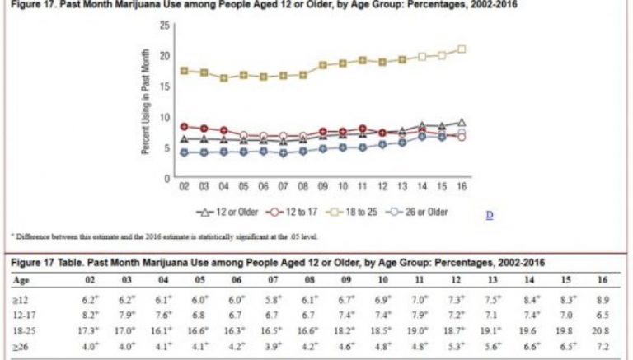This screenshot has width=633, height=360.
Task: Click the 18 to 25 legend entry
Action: (348, 212)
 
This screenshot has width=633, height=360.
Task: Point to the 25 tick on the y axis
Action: (165, 26)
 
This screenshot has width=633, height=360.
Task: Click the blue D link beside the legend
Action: (489, 215)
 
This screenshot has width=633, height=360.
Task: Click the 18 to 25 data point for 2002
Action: (185, 70)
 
